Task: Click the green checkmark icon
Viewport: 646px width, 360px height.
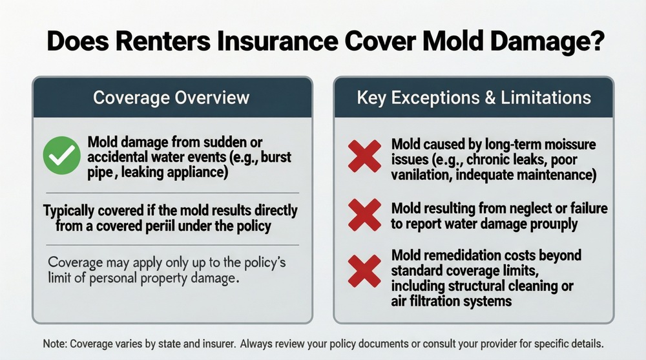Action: click(x=61, y=156)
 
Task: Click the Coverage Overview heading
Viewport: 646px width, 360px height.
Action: click(x=171, y=98)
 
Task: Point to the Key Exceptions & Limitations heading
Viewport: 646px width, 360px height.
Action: click(x=474, y=98)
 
